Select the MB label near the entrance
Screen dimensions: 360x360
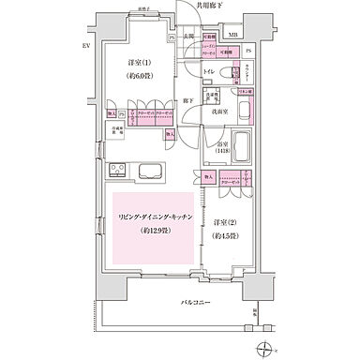(232, 39)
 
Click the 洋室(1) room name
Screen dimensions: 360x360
(142, 63)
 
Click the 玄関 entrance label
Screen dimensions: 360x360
(188, 37)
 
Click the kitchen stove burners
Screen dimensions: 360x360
(120, 171)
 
